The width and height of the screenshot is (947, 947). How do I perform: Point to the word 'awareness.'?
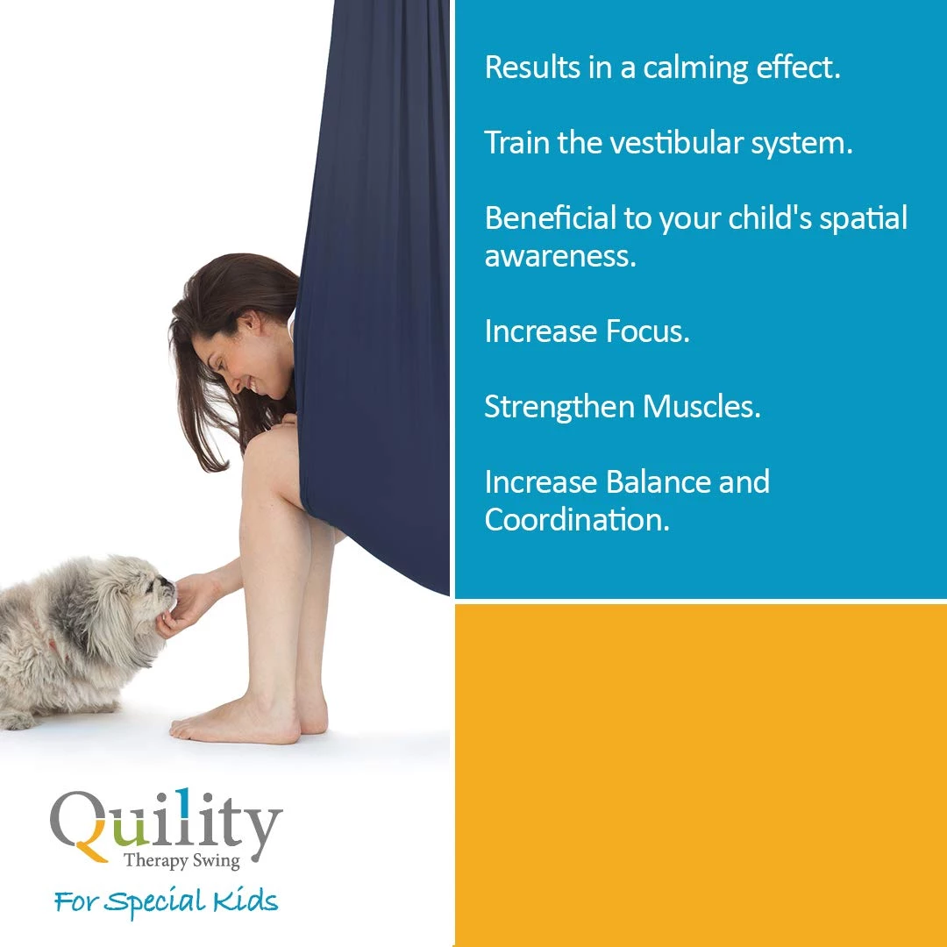pos(560,256)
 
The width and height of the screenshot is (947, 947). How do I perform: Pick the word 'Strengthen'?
pos(559,407)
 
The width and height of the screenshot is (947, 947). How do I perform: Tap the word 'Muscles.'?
pos(701,406)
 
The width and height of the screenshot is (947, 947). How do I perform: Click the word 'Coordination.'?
pos(577,519)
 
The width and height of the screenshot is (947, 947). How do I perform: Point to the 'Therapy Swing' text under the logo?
pos(182,860)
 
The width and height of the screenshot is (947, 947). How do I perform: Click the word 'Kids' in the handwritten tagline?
pos(245,901)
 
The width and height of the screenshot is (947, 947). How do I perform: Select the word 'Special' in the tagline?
pos(154,903)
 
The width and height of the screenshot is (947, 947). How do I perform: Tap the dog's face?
pos(155,591)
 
